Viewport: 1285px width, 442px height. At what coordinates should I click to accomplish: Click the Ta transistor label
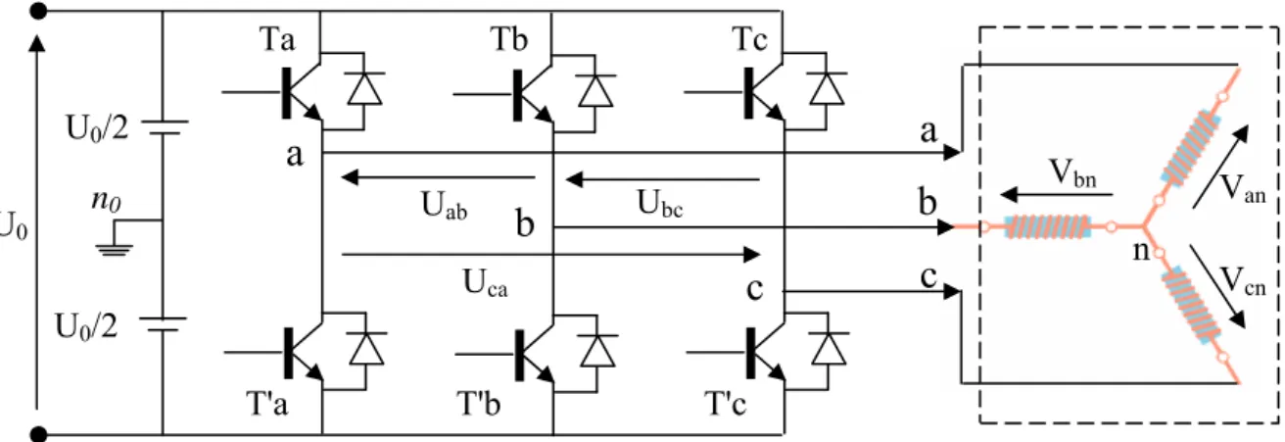click(x=277, y=39)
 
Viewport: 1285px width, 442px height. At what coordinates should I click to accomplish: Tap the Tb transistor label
click(x=509, y=39)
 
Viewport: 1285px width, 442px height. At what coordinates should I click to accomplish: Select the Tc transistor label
click(x=750, y=39)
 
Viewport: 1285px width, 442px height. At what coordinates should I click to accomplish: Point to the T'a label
click(x=266, y=403)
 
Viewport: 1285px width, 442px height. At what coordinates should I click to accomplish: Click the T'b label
click(x=478, y=403)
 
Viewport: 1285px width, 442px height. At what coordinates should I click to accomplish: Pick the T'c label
click(x=725, y=403)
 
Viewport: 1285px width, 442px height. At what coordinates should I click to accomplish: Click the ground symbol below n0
click(x=115, y=249)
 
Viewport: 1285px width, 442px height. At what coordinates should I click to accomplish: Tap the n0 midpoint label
click(x=106, y=200)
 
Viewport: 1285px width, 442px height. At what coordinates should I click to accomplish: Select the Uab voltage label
click(x=444, y=206)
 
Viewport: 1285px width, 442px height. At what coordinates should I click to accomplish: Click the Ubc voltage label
click(x=660, y=204)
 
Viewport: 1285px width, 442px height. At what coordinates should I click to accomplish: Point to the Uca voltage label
click(x=486, y=283)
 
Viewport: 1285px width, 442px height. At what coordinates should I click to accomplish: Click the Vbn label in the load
click(x=1072, y=173)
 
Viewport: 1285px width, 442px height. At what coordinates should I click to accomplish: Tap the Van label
click(x=1243, y=189)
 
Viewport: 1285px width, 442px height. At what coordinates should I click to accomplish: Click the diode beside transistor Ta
click(x=365, y=89)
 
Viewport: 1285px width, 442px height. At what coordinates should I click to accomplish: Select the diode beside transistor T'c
click(x=829, y=349)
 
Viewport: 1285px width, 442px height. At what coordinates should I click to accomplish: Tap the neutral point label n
click(x=1141, y=251)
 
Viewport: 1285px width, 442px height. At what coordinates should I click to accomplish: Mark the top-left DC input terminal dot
click(x=38, y=11)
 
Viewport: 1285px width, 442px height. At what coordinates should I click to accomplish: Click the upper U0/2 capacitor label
click(x=97, y=128)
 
